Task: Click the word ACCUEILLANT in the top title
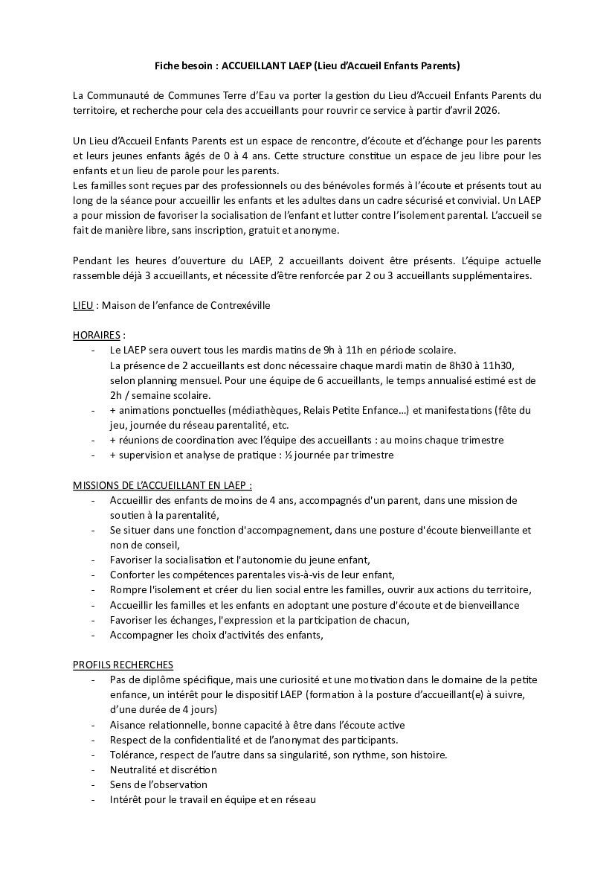click(x=252, y=66)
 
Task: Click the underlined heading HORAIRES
click(x=97, y=335)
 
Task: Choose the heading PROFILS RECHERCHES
click(x=123, y=665)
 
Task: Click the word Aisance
click(x=128, y=725)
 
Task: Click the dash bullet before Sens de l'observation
click(x=93, y=784)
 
